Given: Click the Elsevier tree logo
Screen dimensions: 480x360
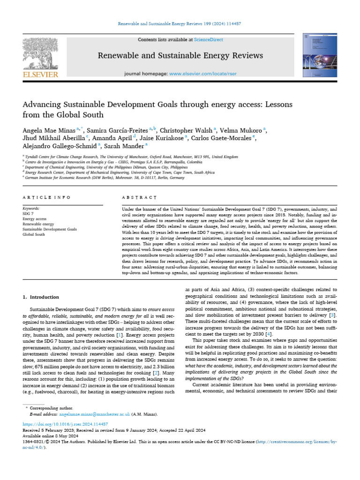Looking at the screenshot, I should tap(40, 53).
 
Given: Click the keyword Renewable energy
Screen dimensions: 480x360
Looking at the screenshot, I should tap(38, 224).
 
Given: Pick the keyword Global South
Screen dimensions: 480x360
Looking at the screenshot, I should tap(34, 234).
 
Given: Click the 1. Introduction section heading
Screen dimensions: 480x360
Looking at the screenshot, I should tap(41, 297).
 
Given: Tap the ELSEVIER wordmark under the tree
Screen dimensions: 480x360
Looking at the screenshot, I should tap(40, 74).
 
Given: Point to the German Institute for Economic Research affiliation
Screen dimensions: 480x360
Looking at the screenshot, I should tap(104, 178).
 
